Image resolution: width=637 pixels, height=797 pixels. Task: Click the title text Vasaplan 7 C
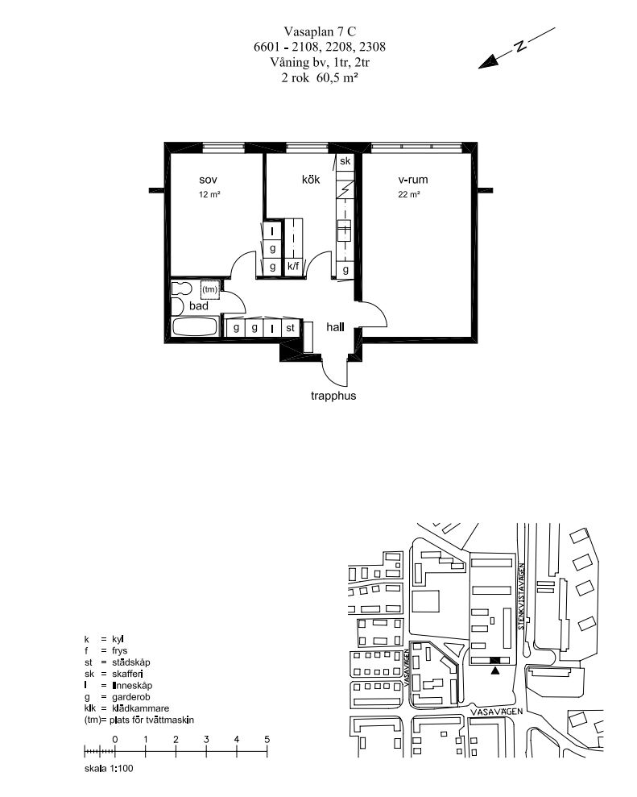point(320,32)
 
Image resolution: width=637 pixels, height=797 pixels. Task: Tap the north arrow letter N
point(519,46)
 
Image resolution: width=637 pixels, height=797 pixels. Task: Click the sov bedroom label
point(209,180)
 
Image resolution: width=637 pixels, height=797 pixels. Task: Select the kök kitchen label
point(311,180)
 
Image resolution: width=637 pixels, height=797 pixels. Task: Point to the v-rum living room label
point(412,180)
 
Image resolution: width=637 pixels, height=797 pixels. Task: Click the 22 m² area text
point(409,195)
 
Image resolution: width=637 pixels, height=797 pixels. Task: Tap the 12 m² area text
point(209,195)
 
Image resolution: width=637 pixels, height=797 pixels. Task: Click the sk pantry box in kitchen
point(345,162)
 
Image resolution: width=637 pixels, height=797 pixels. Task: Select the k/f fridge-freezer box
point(293,266)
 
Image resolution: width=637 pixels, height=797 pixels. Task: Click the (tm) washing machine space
point(210,290)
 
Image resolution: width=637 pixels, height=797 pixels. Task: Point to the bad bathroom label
point(199,306)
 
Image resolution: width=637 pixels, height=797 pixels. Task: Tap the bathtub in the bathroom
point(196,326)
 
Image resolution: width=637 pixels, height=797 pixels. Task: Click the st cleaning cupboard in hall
point(290,328)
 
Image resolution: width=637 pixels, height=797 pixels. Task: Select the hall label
point(335,327)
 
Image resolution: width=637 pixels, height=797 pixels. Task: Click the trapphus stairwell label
point(333,396)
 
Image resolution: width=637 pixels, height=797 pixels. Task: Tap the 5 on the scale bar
point(267,740)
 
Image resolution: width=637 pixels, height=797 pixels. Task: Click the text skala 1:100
point(109,769)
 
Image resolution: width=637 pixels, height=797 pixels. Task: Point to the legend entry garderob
point(131,697)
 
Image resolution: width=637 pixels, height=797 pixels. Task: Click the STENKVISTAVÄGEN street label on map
point(521,596)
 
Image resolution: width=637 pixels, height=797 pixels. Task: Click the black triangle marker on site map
point(495,670)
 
